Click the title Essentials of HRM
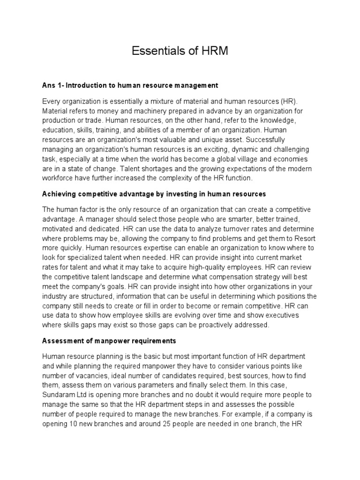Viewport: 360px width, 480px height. (180, 51)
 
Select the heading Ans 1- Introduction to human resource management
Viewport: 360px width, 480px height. (130, 85)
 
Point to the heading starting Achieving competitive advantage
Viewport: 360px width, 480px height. (154, 193)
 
